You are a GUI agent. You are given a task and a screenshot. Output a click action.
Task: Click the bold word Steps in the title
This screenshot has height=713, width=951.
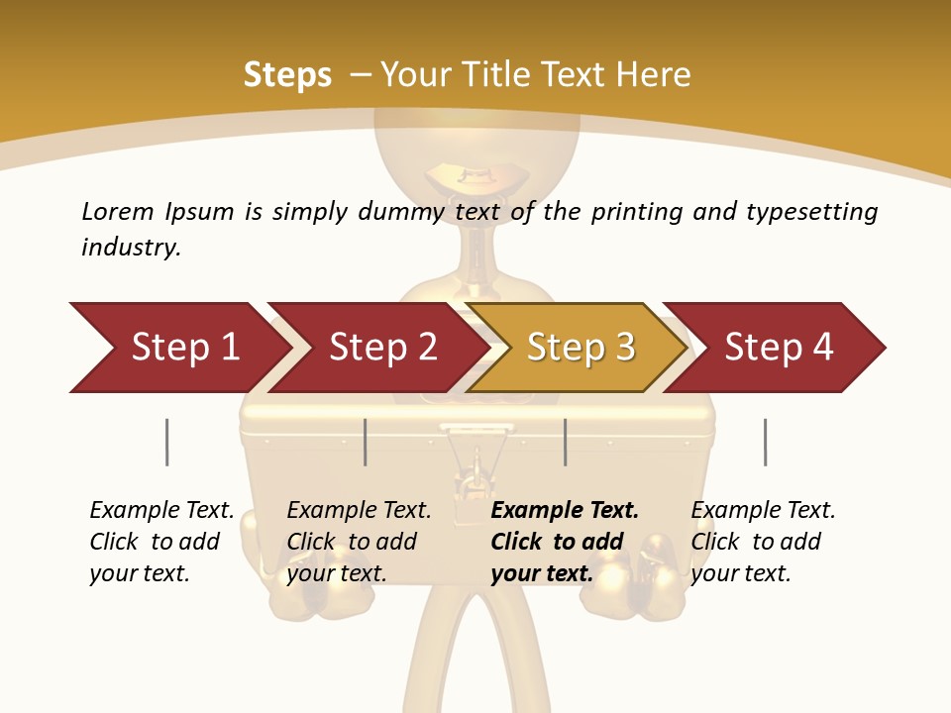click(x=287, y=75)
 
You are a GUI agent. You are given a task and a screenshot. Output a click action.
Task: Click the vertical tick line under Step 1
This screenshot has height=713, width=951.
click(x=167, y=442)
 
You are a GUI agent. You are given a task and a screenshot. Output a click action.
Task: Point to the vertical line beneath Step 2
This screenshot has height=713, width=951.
click(x=366, y=442)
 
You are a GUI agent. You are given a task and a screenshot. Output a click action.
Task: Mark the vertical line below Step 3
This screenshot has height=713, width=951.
click(x=565, y=442)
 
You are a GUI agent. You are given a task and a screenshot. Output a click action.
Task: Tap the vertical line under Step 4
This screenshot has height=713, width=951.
click(x=765, y=442)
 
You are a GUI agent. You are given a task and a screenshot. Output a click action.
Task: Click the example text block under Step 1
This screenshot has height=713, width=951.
click(x=161, y=542)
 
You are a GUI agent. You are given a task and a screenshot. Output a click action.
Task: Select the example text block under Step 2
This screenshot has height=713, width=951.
click(x=359, y=542)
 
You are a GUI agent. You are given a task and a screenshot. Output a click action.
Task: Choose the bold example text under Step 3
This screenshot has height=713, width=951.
click(x=565, y=542)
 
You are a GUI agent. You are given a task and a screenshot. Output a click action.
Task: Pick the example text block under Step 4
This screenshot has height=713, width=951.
click(x=763, y=542)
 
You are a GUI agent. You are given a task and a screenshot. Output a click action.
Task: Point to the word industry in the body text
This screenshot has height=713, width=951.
click(x=131, y=248)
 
